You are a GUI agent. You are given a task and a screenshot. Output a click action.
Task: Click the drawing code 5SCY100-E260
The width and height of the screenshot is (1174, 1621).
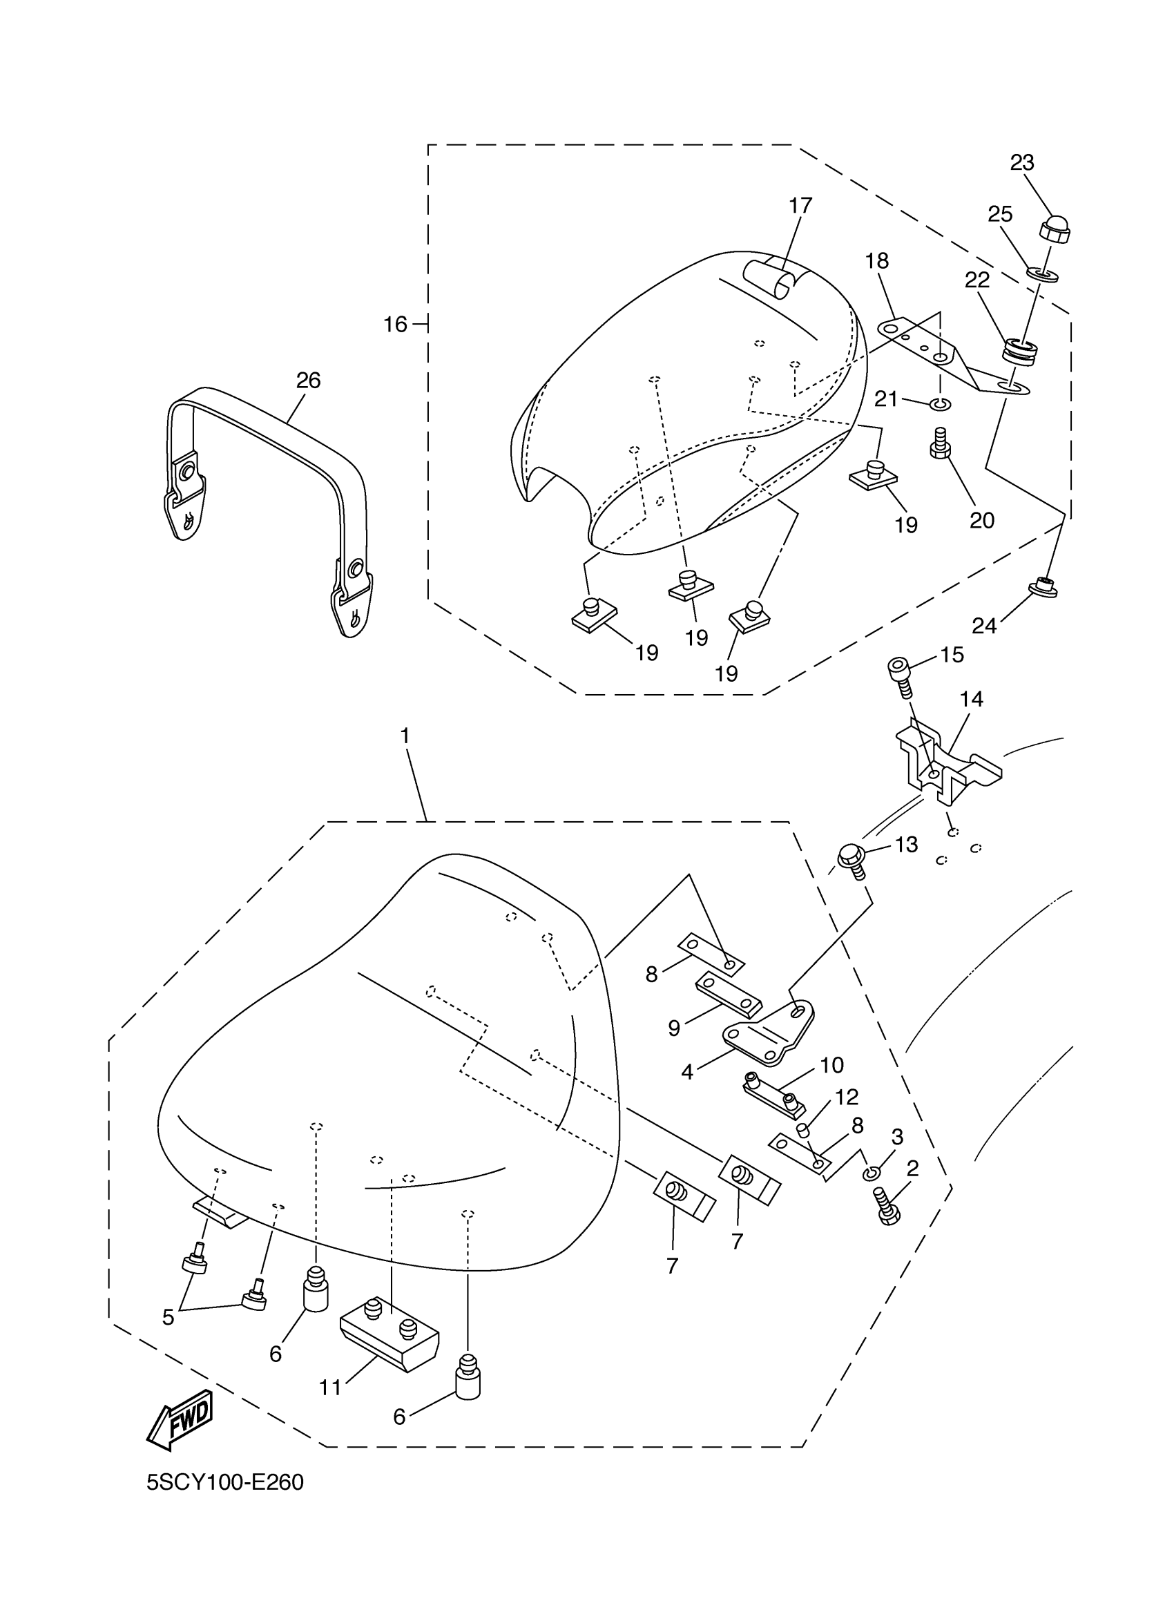[225, 1483]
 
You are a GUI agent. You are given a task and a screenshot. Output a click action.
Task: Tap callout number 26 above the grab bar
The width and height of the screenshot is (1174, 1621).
[308, 381]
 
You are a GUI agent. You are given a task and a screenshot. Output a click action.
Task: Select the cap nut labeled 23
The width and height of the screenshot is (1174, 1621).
[1054, 229]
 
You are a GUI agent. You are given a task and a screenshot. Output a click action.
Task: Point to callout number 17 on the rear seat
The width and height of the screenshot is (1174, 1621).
[800, 206]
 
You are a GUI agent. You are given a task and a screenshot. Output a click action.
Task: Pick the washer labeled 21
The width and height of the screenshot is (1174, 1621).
[941, 405]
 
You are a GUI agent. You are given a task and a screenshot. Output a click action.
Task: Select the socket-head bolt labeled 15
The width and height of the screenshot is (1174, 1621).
[901, 673]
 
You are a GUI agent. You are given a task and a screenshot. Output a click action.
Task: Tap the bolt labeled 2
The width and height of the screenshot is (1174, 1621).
[887, 1210]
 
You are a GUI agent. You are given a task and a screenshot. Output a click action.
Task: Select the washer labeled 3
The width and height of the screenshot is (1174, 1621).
[871, 1173]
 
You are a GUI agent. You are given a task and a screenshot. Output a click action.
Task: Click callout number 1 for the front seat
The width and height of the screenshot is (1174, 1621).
[405, 736]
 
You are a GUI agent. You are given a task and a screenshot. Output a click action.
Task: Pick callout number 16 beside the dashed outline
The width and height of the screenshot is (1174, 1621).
[394, 325]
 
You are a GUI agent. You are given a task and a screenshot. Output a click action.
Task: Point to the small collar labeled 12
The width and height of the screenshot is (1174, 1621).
[802, 1129]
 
